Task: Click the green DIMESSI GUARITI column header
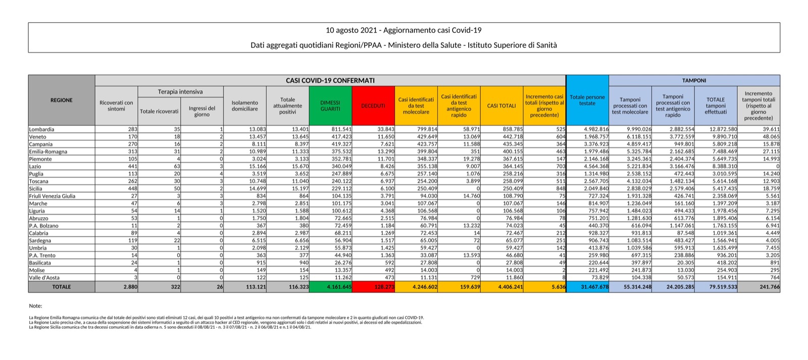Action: [330, 106]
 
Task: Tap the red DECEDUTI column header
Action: [373, 106]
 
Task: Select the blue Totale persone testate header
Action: [587, 100]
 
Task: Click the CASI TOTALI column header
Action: [501, 106]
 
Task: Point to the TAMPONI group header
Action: [694, 80]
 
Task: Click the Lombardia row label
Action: [41, 129]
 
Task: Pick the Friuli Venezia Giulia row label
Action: [52, 196]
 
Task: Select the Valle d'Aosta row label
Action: [45, 278]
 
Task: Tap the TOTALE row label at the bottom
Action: [62, 287]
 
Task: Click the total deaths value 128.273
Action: [383, 287]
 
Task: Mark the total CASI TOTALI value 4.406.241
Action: [510, 287]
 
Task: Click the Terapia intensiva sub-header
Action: [180, 91]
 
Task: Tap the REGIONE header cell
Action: [62, 100]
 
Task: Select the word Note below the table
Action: [35, 306]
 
